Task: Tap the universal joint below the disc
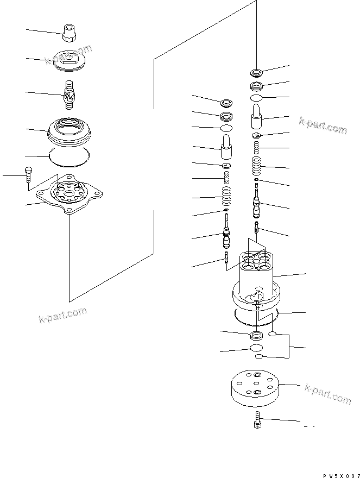pos(68,93)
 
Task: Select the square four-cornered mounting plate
pos(69,194)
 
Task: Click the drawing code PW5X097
pos(340,474)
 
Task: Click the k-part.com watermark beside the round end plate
pos(328,394)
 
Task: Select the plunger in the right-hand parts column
pos(256,115)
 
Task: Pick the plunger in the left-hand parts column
pos(226,144)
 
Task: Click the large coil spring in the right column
pos(256,166)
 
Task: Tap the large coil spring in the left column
pos(226,193)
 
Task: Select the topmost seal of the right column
pos(256,72)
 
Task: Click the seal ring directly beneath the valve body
pos(256,335)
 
